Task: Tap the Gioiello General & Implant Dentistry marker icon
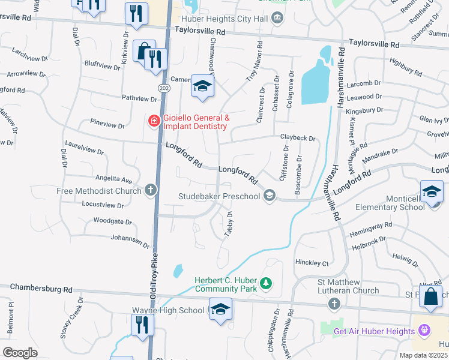click(x=154, y=121)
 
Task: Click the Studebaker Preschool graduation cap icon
click(x=270, y=196)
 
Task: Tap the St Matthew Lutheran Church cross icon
click(x=334, y=305)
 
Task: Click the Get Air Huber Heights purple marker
click(x=425, y=331)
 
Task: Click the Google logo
click(x=19, y=353)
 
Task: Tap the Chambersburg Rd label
click(x=41, y=289)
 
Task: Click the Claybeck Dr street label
click(x=298, y=138)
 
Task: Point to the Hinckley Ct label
click(x=313, y=263)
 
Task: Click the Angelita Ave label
click(x=113, y=179)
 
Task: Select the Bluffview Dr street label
click(x=103, y=64)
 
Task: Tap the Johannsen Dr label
click(x=130, y=241)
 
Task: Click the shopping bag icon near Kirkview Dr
click(x=144, y=51)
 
